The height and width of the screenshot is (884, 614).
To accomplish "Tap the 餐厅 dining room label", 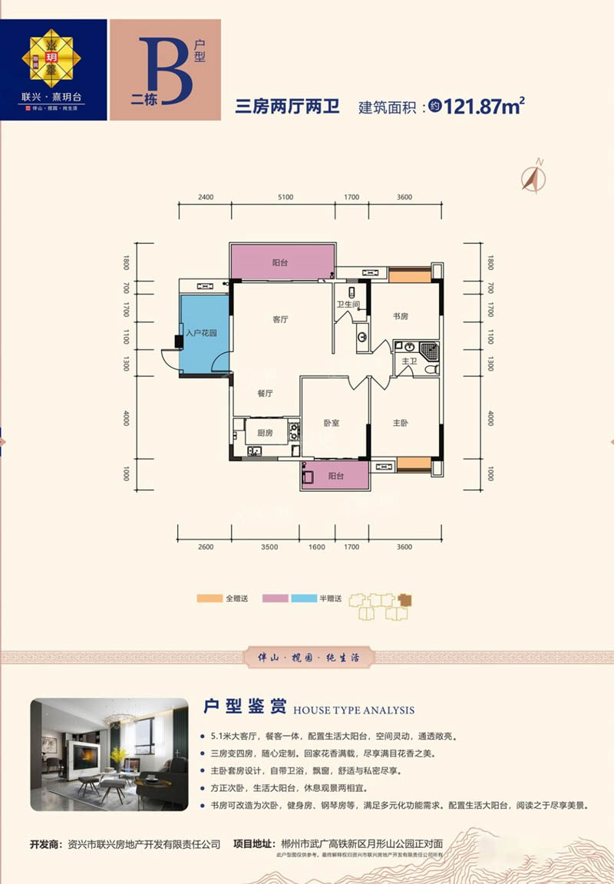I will tap(266, 392).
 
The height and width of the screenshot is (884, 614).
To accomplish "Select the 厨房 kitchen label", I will tap(265, 434).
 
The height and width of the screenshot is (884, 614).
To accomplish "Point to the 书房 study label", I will tap(400, 315).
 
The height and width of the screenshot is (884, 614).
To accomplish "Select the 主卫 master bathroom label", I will tap(408, 361).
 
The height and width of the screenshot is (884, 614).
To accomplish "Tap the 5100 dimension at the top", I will tap(284, 197).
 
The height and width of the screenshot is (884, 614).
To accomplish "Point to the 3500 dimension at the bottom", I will tap(269, 547).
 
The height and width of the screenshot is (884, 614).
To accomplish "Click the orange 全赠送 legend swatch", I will tap(210, 599).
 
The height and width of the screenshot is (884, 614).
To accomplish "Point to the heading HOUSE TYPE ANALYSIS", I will tap(354, 711).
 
